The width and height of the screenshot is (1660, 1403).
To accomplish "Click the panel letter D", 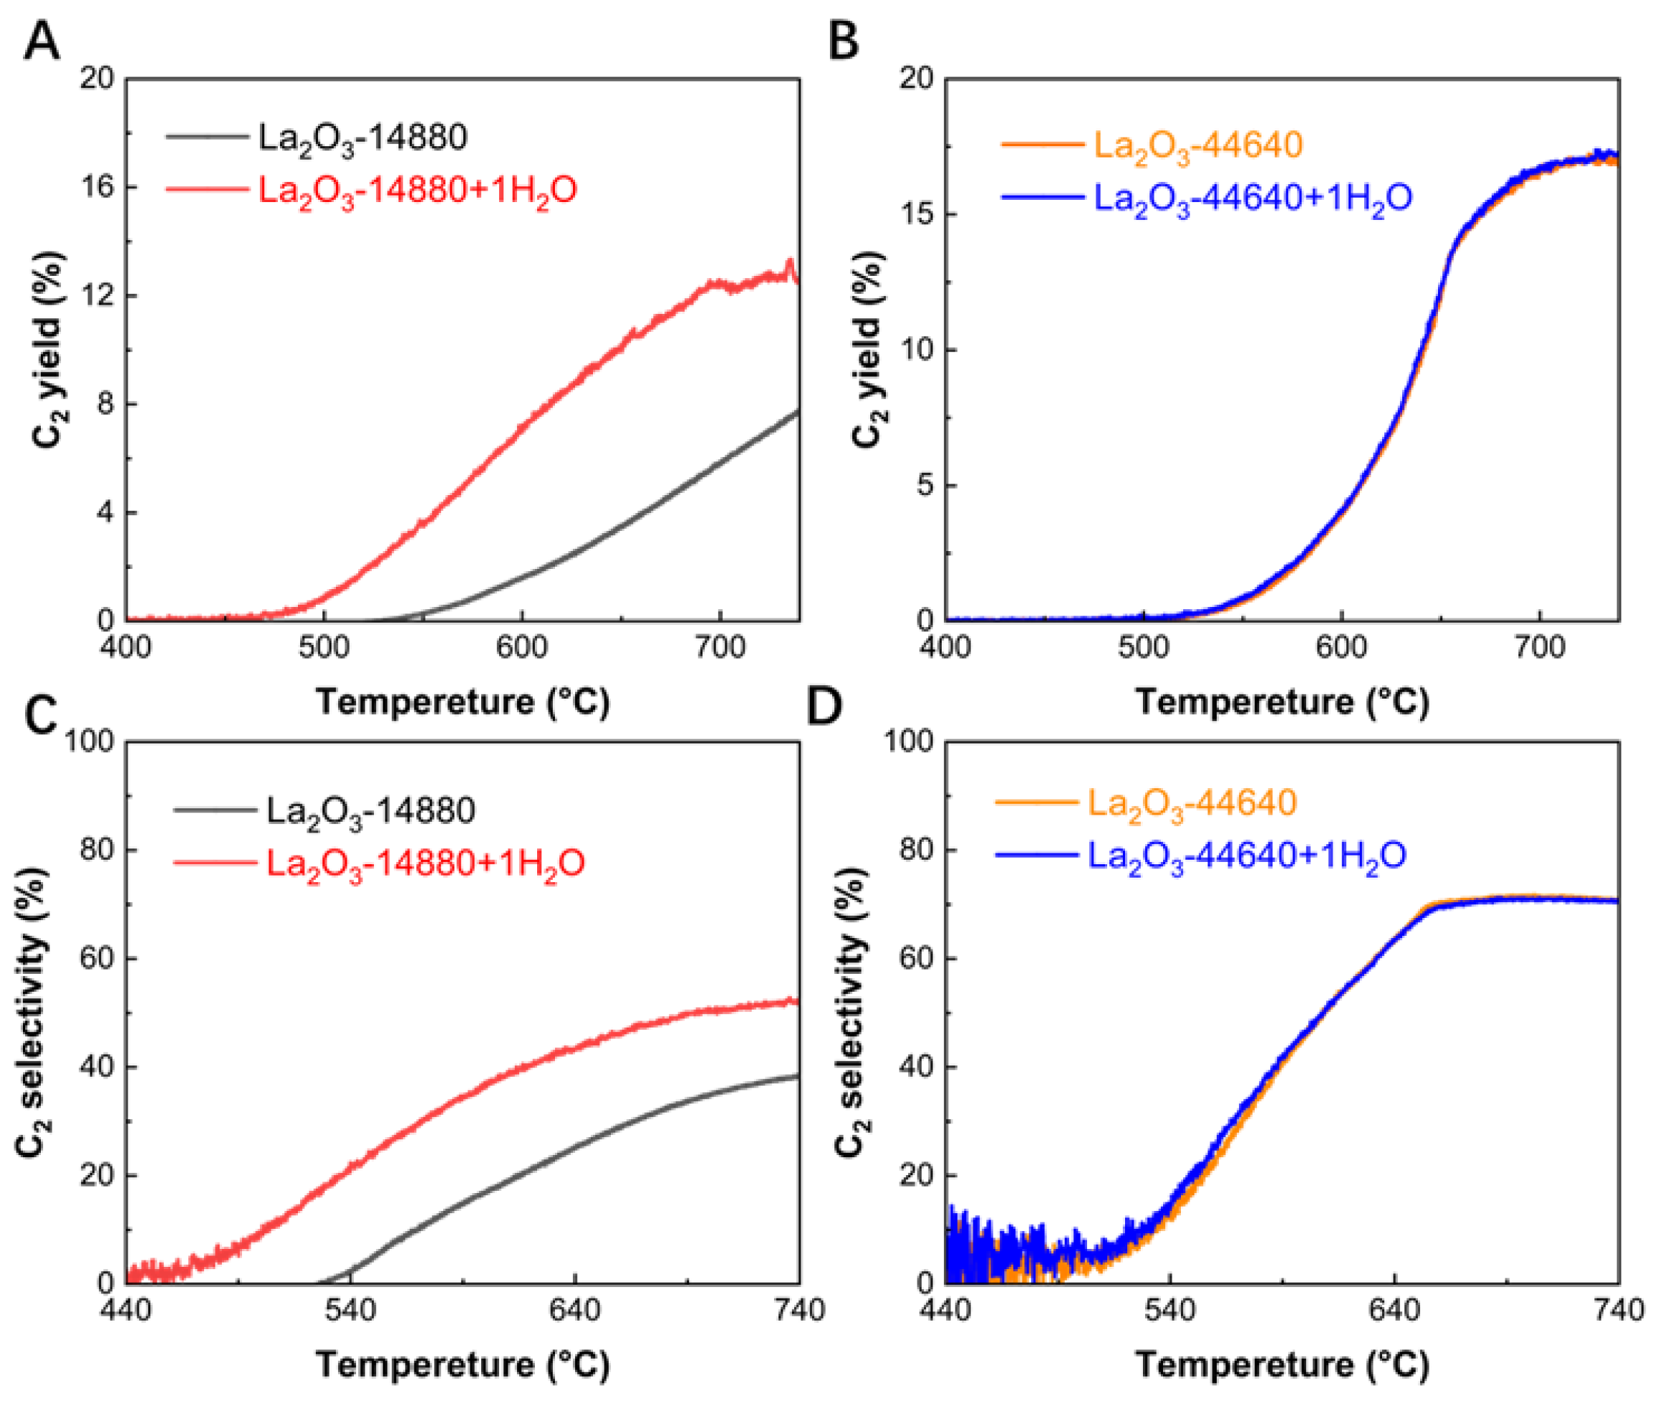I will (824, 706).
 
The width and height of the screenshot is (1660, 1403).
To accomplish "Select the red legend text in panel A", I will (418, 191).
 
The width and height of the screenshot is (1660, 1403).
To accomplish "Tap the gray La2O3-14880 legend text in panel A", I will (362, 138).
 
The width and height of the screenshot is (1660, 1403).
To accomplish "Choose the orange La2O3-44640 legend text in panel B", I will (1198, 145).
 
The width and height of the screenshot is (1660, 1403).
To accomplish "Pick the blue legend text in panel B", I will (1253, 198).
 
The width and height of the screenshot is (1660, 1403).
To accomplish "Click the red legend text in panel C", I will (426, 863).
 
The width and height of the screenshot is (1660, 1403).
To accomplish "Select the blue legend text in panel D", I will (1247, 855).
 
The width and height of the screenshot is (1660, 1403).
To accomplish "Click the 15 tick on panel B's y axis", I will (919, 215).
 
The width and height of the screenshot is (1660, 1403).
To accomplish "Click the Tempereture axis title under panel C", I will (463, 1365).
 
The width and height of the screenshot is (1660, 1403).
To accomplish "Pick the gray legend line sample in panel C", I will (215, 810).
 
